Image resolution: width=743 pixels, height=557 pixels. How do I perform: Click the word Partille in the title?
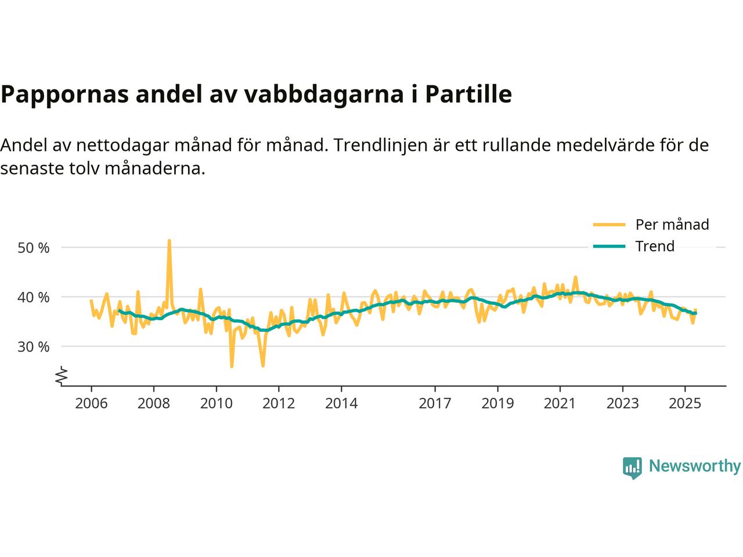tap(468, 94)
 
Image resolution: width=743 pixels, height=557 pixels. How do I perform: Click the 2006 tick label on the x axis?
tap(91, 403)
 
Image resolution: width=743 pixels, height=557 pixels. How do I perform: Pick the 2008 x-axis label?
tap(154, 403)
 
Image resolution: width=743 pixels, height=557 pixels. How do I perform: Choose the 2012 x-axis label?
tap(279, 403)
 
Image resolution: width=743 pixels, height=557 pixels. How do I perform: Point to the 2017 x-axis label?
tap(435, 403)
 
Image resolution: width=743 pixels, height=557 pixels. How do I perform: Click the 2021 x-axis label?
tap(560, 403)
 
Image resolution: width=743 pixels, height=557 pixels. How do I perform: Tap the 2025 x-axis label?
tap(685, 403)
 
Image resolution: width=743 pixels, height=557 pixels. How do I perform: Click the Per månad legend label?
tap(672, 225)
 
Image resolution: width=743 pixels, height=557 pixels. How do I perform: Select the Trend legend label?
tap(655, 246)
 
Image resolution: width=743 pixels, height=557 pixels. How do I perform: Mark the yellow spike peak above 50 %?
tap(169, 240)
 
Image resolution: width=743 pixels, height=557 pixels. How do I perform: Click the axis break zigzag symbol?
tap(62, 376)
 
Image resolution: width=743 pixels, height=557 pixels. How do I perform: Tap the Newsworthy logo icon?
tap(632, 466)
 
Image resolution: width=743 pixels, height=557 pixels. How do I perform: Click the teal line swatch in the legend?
tap(609, 246)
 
